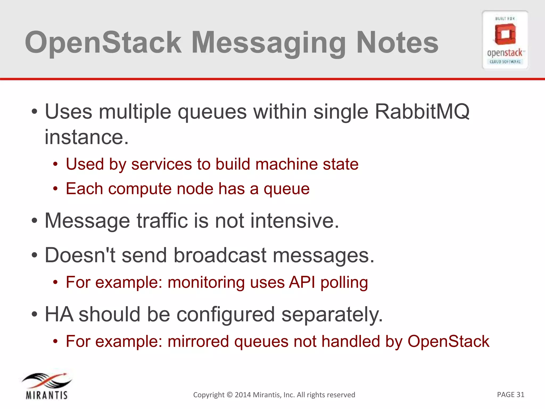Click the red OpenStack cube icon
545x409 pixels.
[x=505, y=34]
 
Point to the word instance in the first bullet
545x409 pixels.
[x=84, y=137]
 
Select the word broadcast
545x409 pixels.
[x=220, y=255]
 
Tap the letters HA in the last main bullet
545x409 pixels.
[x=59, y=314]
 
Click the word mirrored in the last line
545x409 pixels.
[x=198, y=341]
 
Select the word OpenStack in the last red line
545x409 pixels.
[x=448, y=341]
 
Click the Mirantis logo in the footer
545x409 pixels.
[x=47, y=386]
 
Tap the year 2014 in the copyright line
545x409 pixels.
[x=243, y=395]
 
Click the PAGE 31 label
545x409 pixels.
[x=510, y=394]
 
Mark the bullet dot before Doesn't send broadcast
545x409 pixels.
[x=34, y=255]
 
